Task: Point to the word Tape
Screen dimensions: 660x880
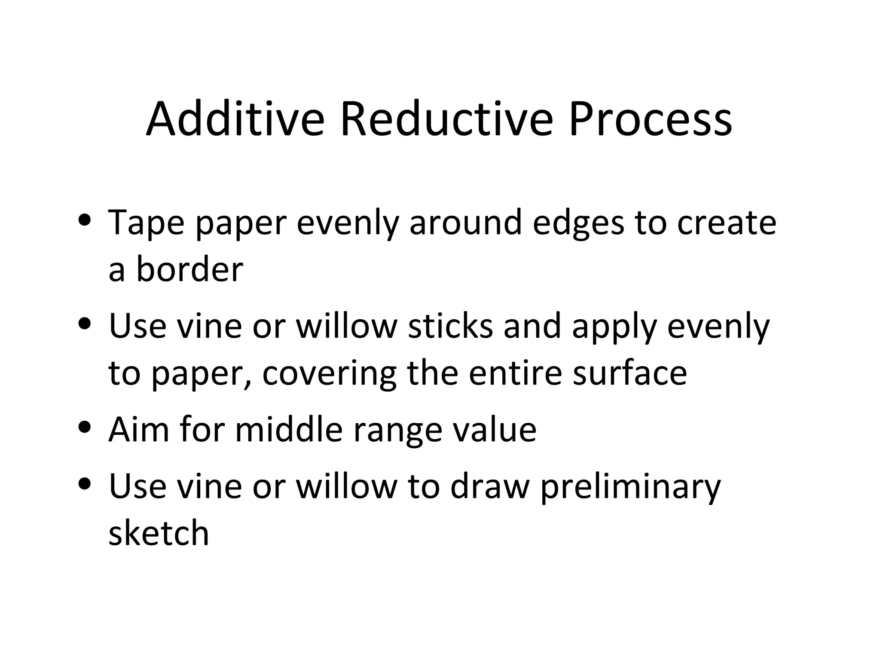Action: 147,223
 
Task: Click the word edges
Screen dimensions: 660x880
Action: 578,223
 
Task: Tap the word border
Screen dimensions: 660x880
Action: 189,269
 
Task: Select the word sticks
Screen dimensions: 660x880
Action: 450,325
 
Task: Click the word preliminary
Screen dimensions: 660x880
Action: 630,488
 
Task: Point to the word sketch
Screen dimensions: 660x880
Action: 159,532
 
